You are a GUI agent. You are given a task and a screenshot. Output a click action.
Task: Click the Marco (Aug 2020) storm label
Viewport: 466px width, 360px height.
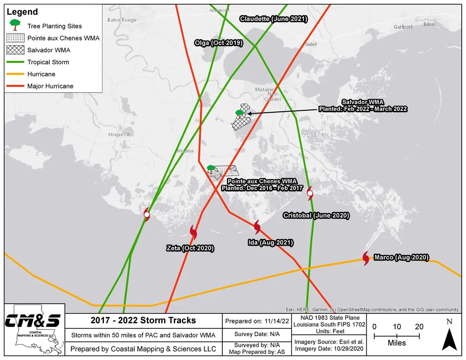[402, 258]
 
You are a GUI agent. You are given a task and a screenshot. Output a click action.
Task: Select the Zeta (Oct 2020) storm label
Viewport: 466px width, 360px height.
[190, 248]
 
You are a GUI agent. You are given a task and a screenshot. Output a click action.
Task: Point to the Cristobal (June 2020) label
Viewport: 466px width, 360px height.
[316, 216]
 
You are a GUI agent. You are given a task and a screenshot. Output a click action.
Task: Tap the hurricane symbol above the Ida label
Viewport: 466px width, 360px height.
[257, 227]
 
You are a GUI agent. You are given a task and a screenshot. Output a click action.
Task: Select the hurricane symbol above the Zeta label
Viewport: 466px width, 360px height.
[193, 231]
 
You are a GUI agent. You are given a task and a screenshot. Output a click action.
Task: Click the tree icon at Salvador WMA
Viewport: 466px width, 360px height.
[239, 114]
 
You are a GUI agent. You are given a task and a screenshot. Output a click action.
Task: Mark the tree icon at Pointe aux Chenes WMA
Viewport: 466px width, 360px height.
[211, 169]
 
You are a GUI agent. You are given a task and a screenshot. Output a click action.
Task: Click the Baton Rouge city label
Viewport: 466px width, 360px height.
[122, 20]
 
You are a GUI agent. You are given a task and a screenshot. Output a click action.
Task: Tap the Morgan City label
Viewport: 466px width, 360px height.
[120, 135]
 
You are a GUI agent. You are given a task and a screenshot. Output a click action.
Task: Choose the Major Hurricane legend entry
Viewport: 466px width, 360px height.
[50, 86]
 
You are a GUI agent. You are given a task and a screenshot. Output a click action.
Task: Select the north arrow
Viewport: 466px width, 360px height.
[449, 336]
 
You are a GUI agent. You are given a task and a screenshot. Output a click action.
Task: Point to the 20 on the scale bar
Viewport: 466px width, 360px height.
[419, 327]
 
